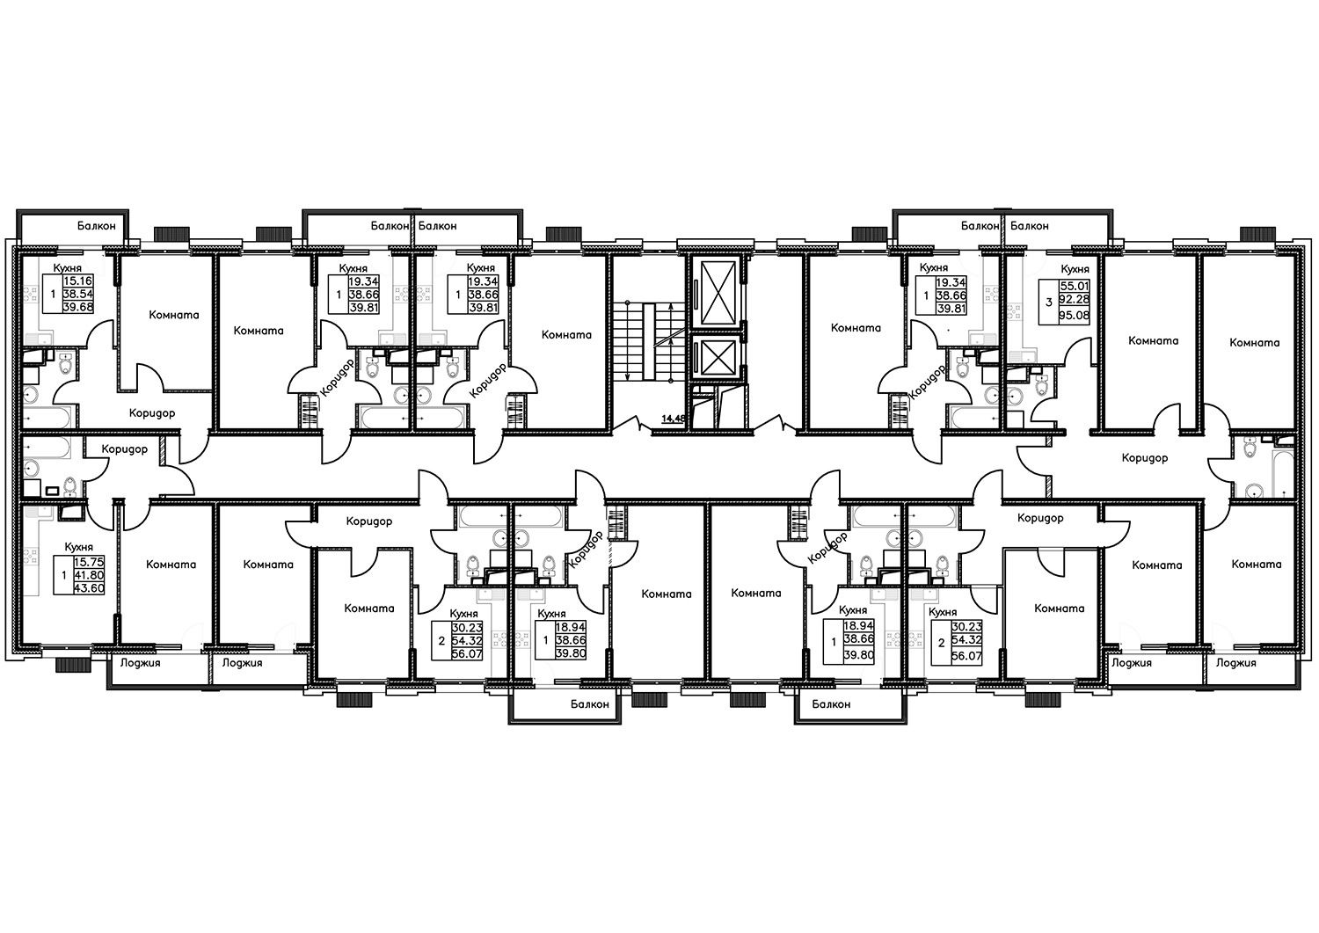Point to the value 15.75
[89, 562]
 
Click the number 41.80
[89, 575]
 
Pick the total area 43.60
[89, 587]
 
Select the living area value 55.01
[1075, 287]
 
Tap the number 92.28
[1075, 301]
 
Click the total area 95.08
[1075, 316]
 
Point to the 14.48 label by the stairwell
[674, 419]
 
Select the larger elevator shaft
[719, 293]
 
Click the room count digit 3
[1049, 302]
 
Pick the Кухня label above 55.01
[1075, 269]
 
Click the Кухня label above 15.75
[79, 547]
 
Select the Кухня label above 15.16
[68, 268]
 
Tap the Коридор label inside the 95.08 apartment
[1145, 457]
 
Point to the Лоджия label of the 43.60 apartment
[140, 663]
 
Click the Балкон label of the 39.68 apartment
[97, 226]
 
